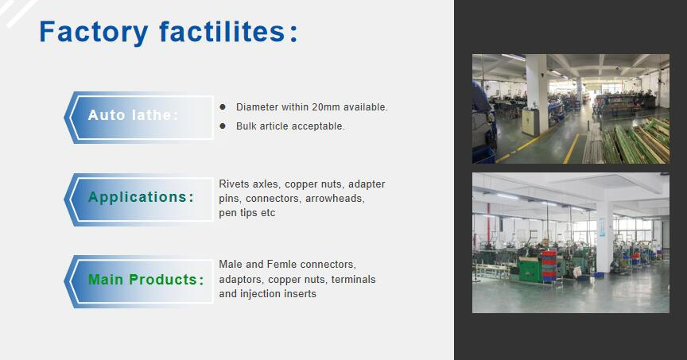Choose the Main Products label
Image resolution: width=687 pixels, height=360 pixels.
pyautogui.click(x=146, y=280)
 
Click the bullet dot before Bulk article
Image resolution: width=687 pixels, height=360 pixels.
pyautogui.click(x=223, y=126)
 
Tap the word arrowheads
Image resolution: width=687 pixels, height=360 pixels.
pyautogui.click(x=335, y=199)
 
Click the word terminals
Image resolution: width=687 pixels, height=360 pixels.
pyautogui.click(x=353, y=280)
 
